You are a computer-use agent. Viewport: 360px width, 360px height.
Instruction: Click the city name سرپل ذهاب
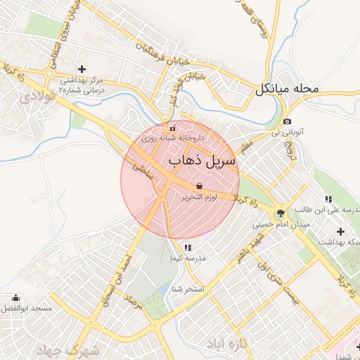(x=203, y=161)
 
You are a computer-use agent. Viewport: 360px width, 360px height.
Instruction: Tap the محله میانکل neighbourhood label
(x=287, y=89)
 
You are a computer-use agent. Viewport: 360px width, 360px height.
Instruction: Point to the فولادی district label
(x=36, y=96)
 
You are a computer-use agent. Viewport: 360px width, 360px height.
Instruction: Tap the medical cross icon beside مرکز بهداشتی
(x=82, y=69)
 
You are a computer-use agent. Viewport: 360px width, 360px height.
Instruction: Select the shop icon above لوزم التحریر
(x=200, y=186)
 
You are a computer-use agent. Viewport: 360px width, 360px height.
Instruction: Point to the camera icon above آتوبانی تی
(x=287, y=121)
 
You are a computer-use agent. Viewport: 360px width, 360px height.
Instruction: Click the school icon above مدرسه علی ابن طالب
(x=328, y=199)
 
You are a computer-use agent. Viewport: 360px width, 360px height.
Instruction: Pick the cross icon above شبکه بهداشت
(x=341, y=231)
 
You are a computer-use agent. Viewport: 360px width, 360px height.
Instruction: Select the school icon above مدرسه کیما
(x=186, y=247)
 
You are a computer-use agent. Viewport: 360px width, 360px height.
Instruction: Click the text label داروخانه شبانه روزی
(x=167, y=139)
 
